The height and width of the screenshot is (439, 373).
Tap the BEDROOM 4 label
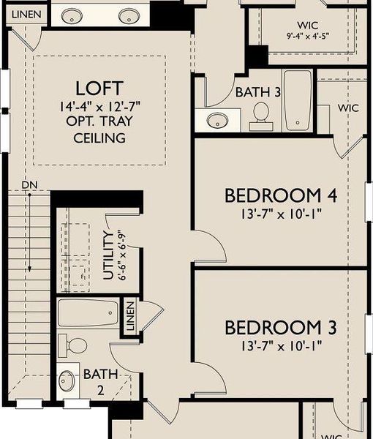click(x=282, y=196)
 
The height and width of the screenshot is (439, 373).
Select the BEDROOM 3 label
click(x=282, y=326)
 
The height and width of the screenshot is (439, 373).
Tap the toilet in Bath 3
click(x=261, y=114)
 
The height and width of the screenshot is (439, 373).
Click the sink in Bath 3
click(x=218, y=120)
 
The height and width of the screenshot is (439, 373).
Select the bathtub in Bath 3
click(x=298, y=101)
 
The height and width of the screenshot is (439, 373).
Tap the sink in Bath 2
click(x=67, y=380)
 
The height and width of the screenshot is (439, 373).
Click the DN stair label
click(x=29, y=184)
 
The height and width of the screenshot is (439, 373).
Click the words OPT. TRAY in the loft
click(x=91, y=122)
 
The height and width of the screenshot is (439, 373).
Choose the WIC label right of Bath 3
click(x=348, y=108)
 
